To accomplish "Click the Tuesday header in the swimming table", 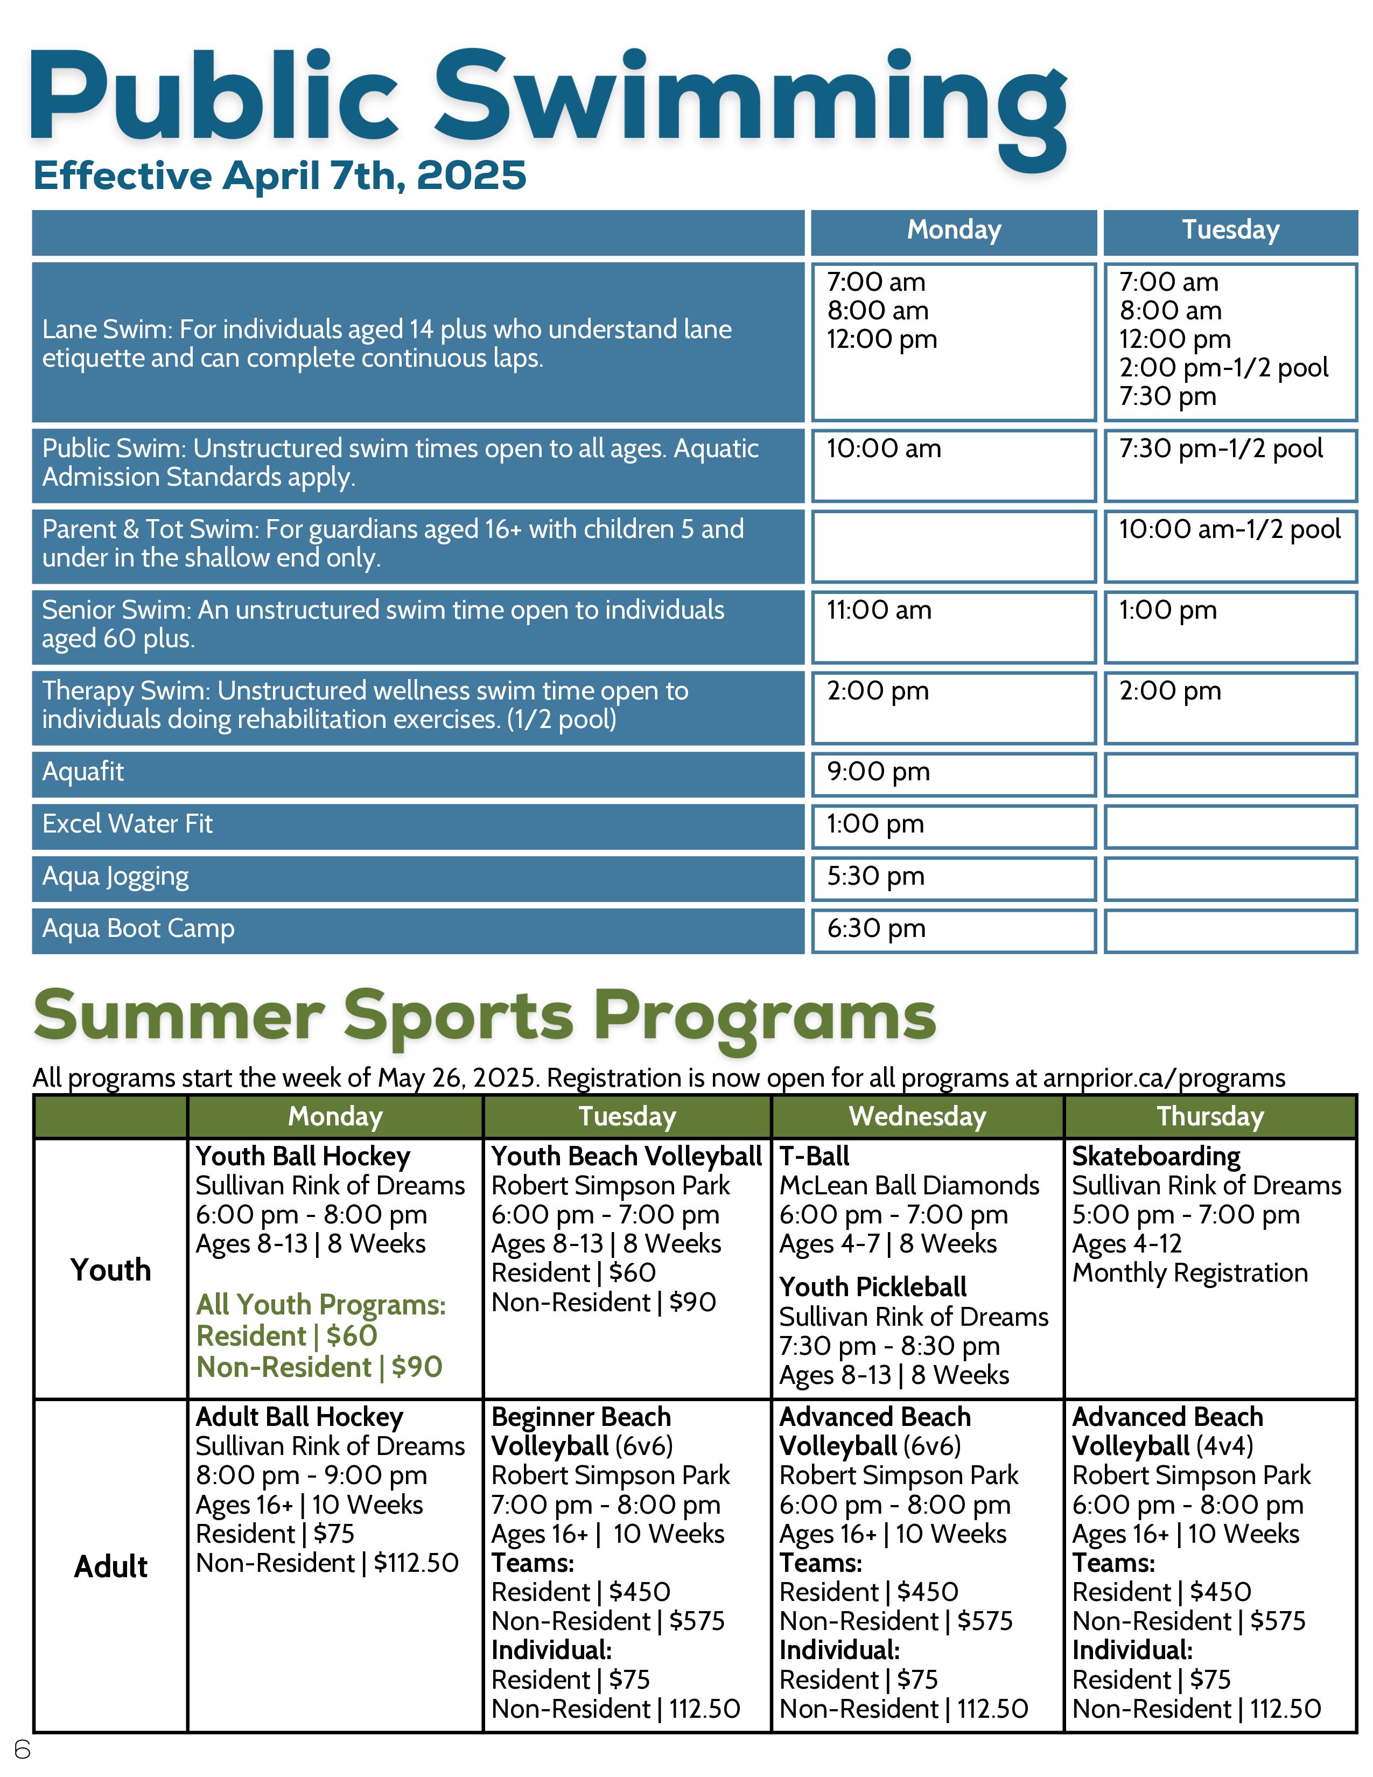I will [1230, 230].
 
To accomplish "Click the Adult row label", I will [110, 1566].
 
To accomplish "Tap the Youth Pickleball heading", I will [873, 1287].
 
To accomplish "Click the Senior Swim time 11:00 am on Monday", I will [879, 610].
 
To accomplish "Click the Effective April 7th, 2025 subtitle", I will [280, 176].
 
